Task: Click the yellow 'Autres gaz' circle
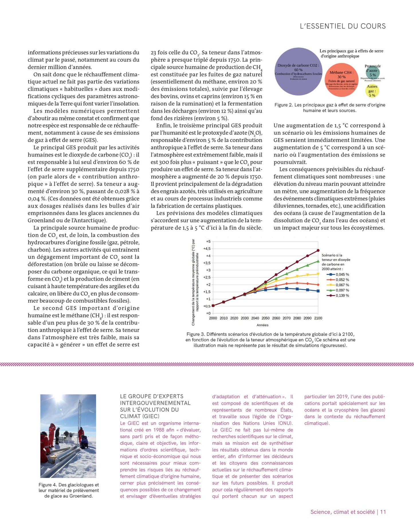tap(372, 91)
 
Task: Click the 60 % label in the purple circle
tap(298, 70)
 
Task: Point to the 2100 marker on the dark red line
tap(318, 250)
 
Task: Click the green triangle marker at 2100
tap(318, 261)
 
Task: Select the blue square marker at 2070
tap(287, 288)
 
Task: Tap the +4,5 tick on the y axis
tap(207, 248)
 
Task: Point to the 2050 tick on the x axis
tap(265, 318)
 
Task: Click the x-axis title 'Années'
tap(262, 325)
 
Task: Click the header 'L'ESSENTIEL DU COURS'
tap(343, 26)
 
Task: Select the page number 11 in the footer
tap(383, 512)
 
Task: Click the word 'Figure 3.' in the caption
tap(195, 334)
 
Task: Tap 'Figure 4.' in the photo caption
tap(48, 485)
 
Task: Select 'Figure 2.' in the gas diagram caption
tap(283, 105)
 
